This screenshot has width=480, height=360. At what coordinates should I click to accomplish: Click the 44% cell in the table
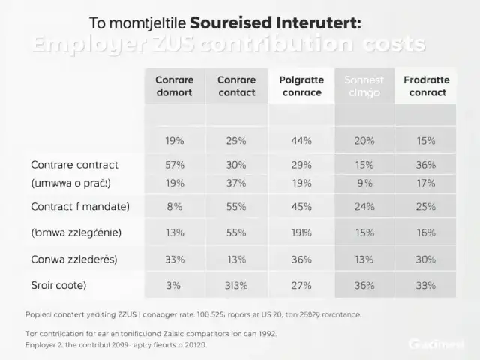point(301,140)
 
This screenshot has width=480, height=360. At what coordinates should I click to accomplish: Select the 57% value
point(174,165)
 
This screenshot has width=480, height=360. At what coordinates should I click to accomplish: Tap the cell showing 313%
point(237,285)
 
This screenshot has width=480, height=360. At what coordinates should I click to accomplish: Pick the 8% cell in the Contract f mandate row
point(174,206)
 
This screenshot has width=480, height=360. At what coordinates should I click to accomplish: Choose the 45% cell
point(301,206)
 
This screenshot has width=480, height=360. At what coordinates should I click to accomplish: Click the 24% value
point(364,206)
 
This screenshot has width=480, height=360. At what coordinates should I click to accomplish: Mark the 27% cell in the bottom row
point(301,285)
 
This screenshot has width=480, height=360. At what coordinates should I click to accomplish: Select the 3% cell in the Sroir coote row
point(174,285)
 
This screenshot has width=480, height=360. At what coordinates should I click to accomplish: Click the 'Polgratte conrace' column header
point(301,86)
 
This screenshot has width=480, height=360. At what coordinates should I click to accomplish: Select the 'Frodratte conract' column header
point(425,86)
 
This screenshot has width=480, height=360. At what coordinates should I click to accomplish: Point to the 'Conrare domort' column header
point(174,86)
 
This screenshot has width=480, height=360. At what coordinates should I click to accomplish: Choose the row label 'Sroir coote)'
point(58,285)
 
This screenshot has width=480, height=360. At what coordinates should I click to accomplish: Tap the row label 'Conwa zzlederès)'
point(73,259)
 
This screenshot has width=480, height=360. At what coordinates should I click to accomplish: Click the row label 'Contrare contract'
point(74,165)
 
